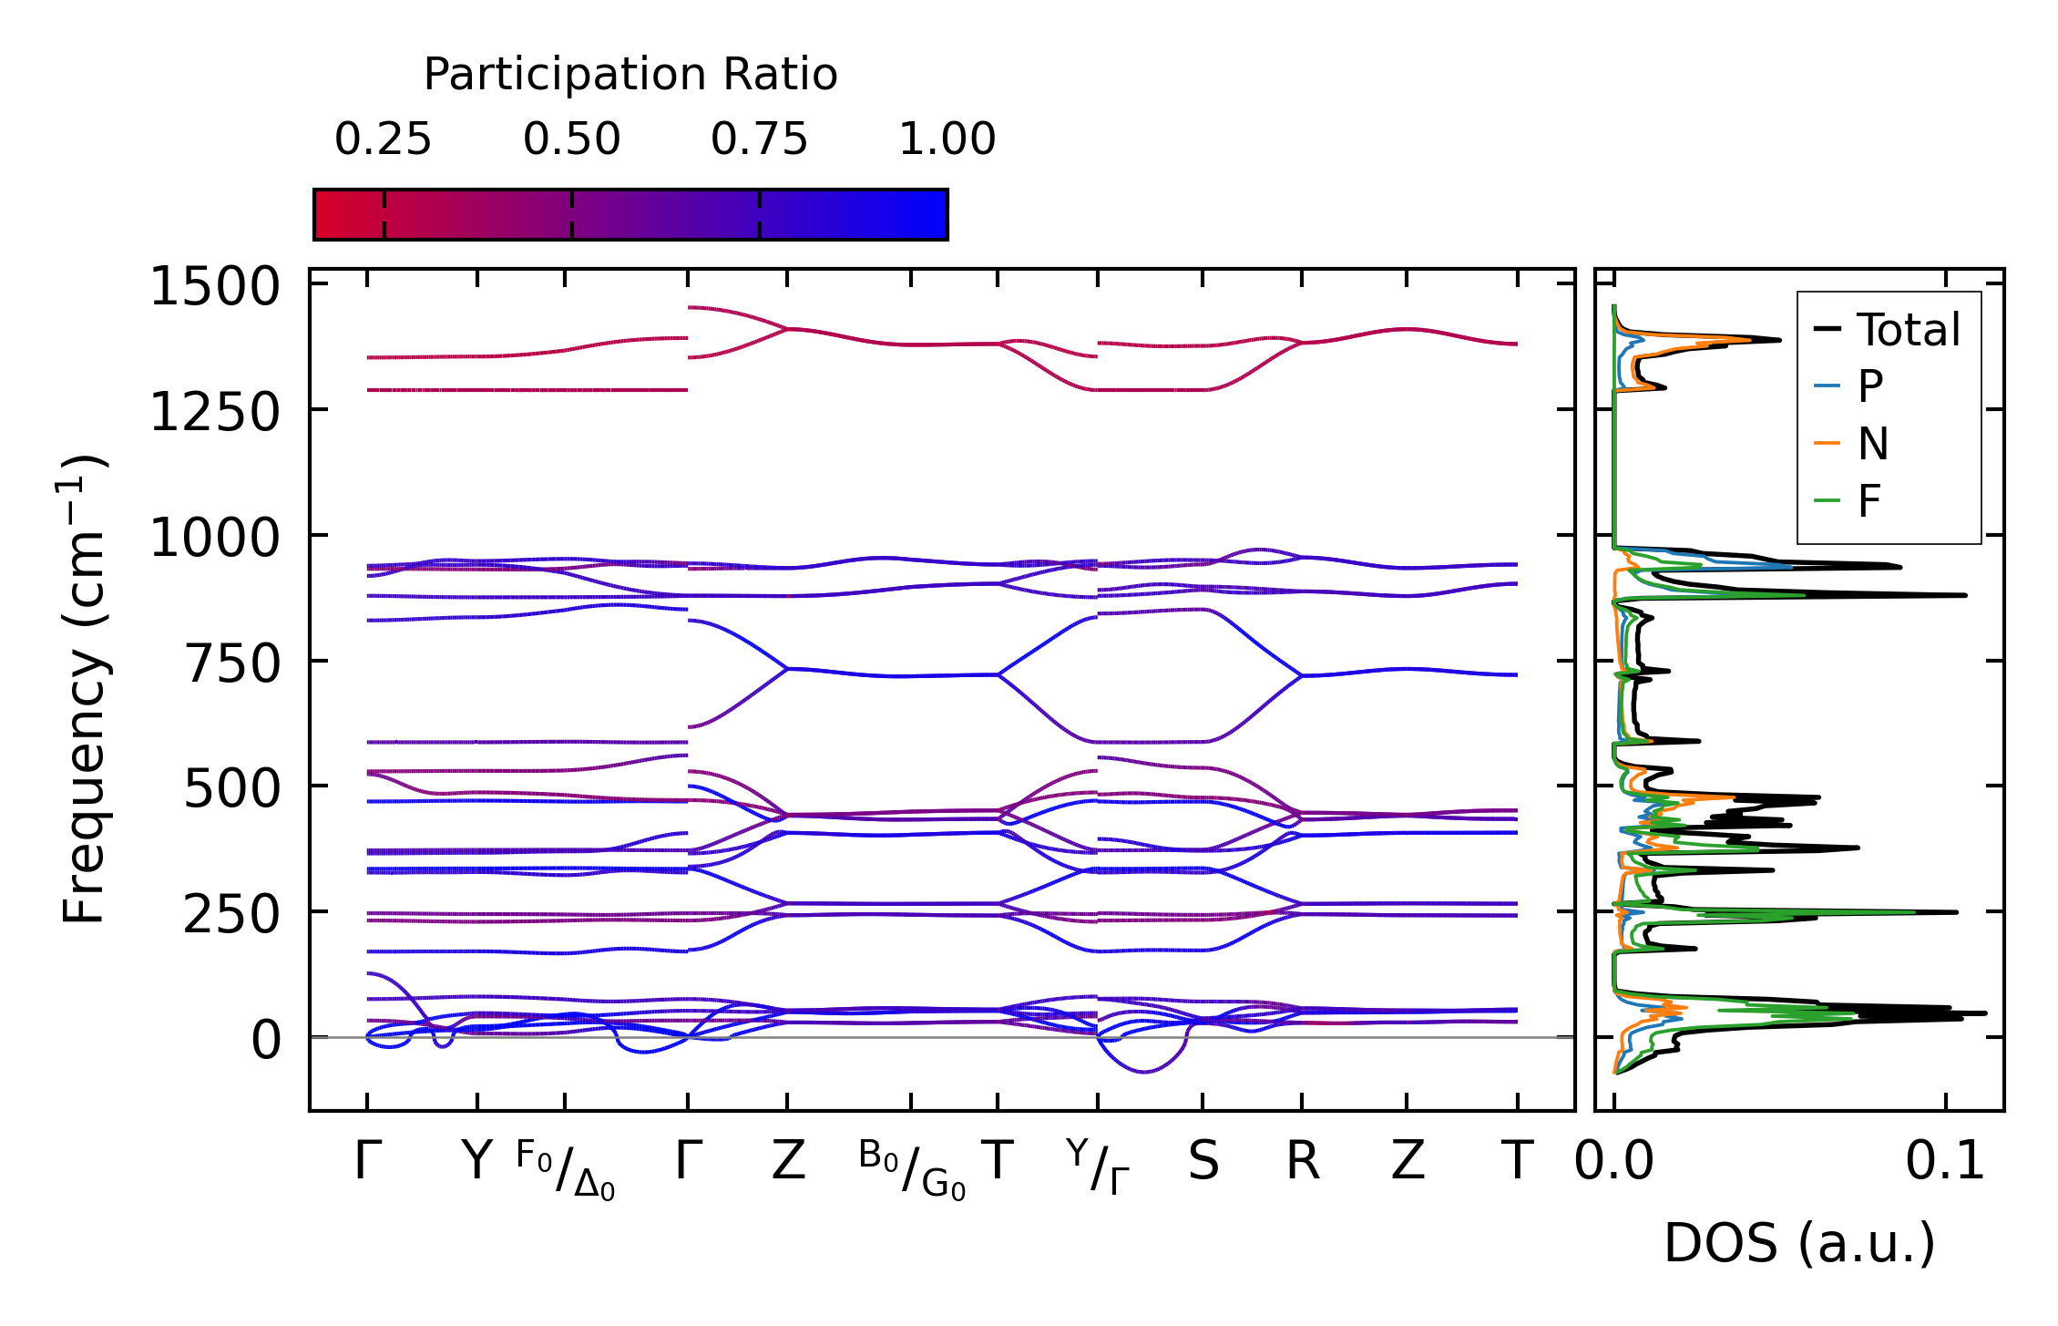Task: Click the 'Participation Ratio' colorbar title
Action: pyautogui.click(x=630, y=75)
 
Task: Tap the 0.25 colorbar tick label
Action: pyautogui.click(x=383, y=139)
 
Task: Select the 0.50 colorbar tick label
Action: pyautogui.click(x=571, y=139)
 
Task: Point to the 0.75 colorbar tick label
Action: pyautogui.click(x=759, y=139)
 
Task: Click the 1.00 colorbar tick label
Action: pyautogui.click(x=947, y=139)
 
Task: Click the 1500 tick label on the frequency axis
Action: pyautogui.click(x=215, y=287)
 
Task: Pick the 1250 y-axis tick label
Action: pyautogui.click(x=215, y=413)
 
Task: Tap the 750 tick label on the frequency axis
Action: pyautogui.click(x=232, y=663)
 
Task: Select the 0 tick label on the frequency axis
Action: pyautogui.click(x=266, y=1040)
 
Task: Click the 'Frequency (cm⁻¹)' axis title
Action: pyautogui.click(x=84, y=689)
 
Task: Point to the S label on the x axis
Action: pyautogui.click(x=1203, y=1162)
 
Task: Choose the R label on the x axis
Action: pyautogui.click(x=1302, y=1162)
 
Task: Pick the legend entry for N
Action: pyautogui.click(x=1872, y=444)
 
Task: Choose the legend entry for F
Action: pyautogui.click(x=1869, y=500)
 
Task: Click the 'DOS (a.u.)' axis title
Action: pyautogui.click(x=1799, y=1243)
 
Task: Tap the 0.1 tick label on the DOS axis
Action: pyautogui.click(x=1945, y=1162)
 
